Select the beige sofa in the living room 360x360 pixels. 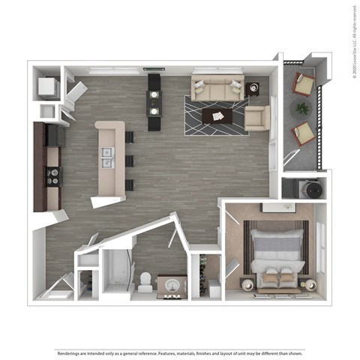(x=216, y=88)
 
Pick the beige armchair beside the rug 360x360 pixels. (x=256, y=118)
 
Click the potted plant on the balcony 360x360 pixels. (x=301, y=109)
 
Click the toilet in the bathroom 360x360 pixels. (x=143, y=281)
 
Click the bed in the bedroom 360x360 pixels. (x=277, y=255)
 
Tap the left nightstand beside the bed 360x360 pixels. (x=246, y=283)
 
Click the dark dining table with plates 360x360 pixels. (x=154, y=101)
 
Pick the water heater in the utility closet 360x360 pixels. (x=304, y=189)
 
